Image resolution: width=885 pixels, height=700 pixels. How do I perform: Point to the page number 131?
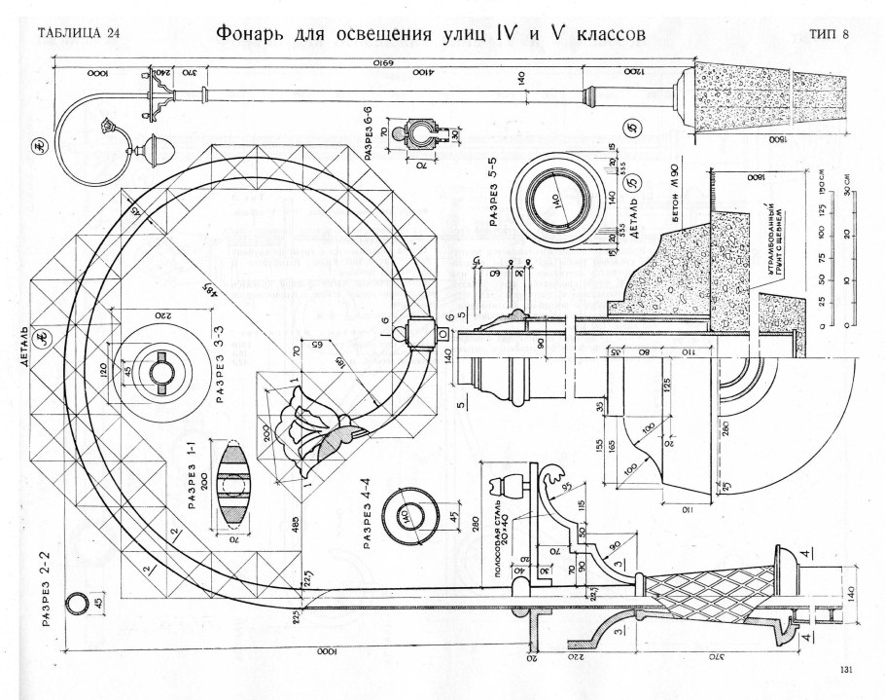(x=845, y=671)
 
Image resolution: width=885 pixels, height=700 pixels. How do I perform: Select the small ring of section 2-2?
(x=75, y=604)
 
